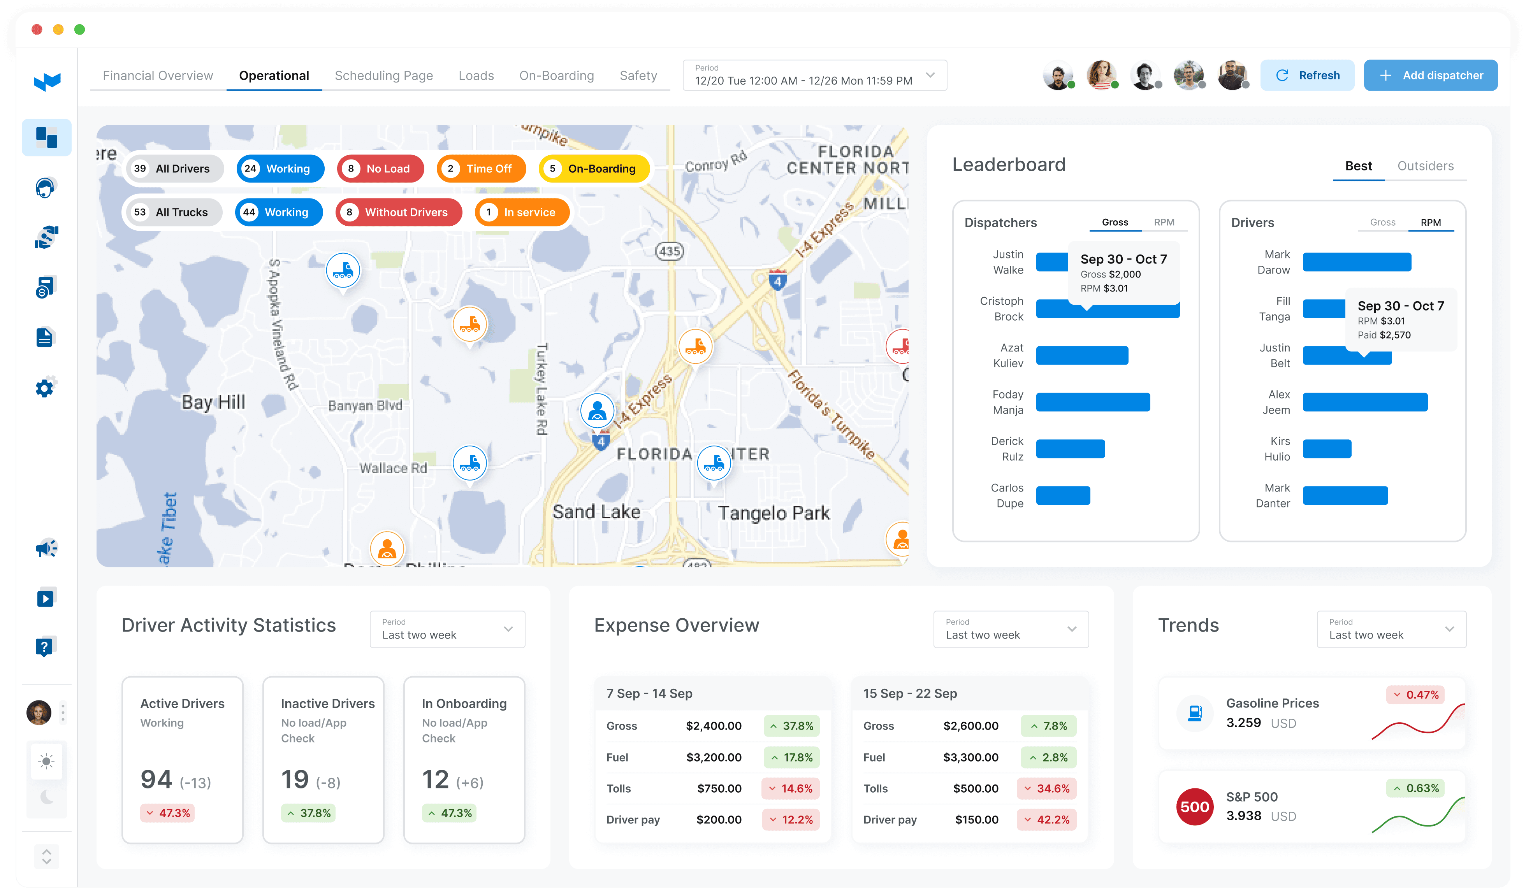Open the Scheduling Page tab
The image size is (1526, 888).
point(384,75)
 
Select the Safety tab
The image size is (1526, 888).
point(638,75)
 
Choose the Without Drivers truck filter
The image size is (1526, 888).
point(399,212)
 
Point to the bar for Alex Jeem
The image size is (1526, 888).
point(1365,402)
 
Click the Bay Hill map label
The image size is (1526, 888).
point(213,402)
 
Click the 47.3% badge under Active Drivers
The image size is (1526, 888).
point(168,813)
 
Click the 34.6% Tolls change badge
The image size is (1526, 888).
point(1046,788)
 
